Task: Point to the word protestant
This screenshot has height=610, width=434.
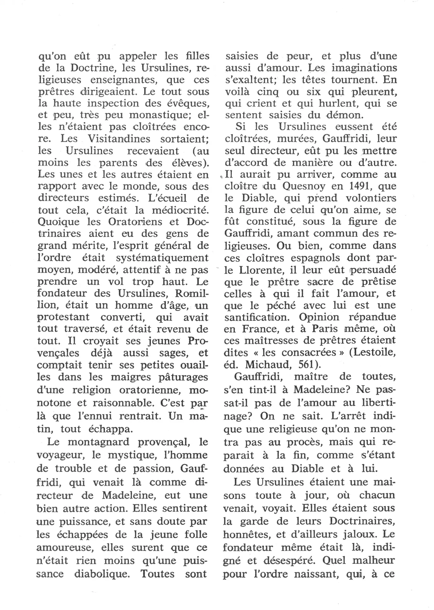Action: pos(63,317)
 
